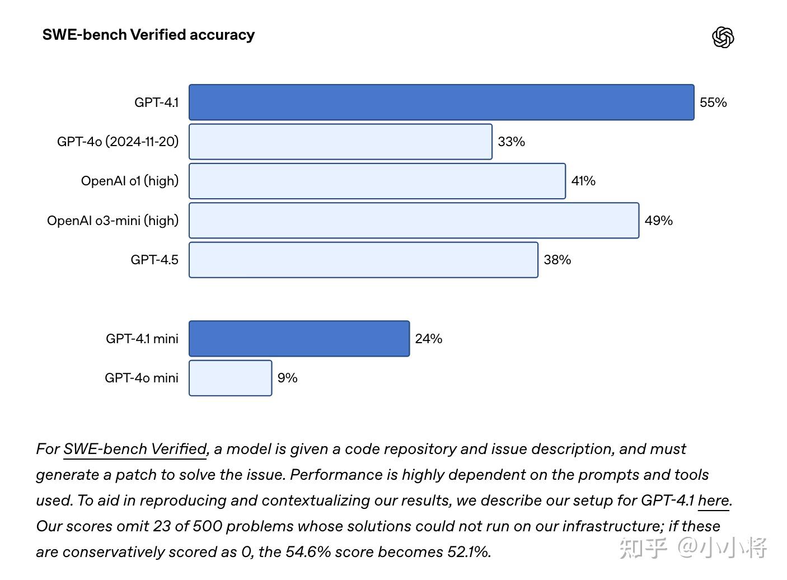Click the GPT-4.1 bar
coord(441,102)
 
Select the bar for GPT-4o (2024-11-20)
coord(340,142)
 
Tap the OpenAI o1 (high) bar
coord(377,181)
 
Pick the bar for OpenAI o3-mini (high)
coord(414,221)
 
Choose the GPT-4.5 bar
coord(363,260)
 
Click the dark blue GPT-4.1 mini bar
coord(299,339)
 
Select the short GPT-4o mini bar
coord(230,378)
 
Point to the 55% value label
coord(713,102)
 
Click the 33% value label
coord(511,142)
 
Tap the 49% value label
coord(658,221)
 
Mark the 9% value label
coord(287,378)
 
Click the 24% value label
coord(428,339)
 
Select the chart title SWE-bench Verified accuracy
coord(148,35)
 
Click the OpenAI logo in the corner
coord(723,38)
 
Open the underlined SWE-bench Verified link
coord(135,449)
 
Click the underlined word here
coord(713,501)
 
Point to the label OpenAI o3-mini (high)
coord(113,221)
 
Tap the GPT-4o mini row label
coord(141,378)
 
